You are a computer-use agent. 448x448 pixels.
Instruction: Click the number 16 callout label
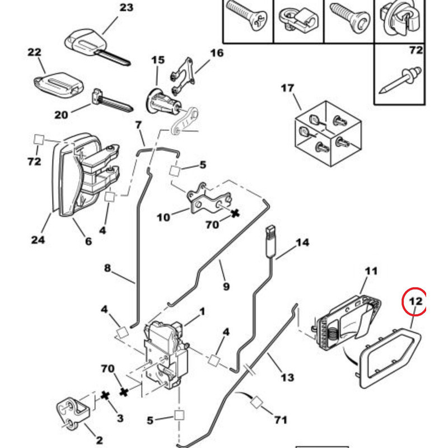coord(217,53)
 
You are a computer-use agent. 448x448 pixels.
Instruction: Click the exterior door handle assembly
coord(84,174)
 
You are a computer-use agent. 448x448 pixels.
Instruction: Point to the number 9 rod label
coord(226,287)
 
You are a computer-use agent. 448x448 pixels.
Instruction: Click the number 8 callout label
coord(108,268)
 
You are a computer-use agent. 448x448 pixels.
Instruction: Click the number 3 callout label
coord(120,418)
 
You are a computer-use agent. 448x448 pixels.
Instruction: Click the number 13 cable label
coord(287,378)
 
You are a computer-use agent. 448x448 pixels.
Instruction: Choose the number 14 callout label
coord(302,243)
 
